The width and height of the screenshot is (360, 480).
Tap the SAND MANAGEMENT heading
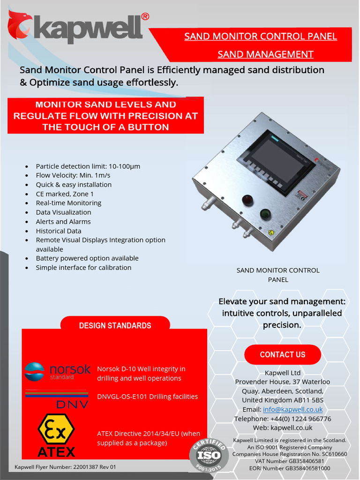(x=265, y=54)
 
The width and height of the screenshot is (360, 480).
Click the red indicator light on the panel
(x=247, y=200)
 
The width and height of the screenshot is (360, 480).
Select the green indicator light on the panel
(x=266, y=215)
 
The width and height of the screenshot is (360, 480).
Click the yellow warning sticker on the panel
(x=271, y=232)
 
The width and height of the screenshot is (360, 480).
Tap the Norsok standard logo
(x=57, y=371)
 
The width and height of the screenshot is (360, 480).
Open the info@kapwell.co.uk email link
(x=292, y=409)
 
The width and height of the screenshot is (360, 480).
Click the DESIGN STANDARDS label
(x=115, y=326)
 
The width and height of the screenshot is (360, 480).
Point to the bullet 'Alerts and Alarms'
(x=63, y=222)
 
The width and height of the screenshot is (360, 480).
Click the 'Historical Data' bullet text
(x=59, y=231)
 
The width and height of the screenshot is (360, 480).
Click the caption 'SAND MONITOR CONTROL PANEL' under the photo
(x=278, y=275)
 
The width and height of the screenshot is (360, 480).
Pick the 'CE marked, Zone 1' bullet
(x=65, y=194)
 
